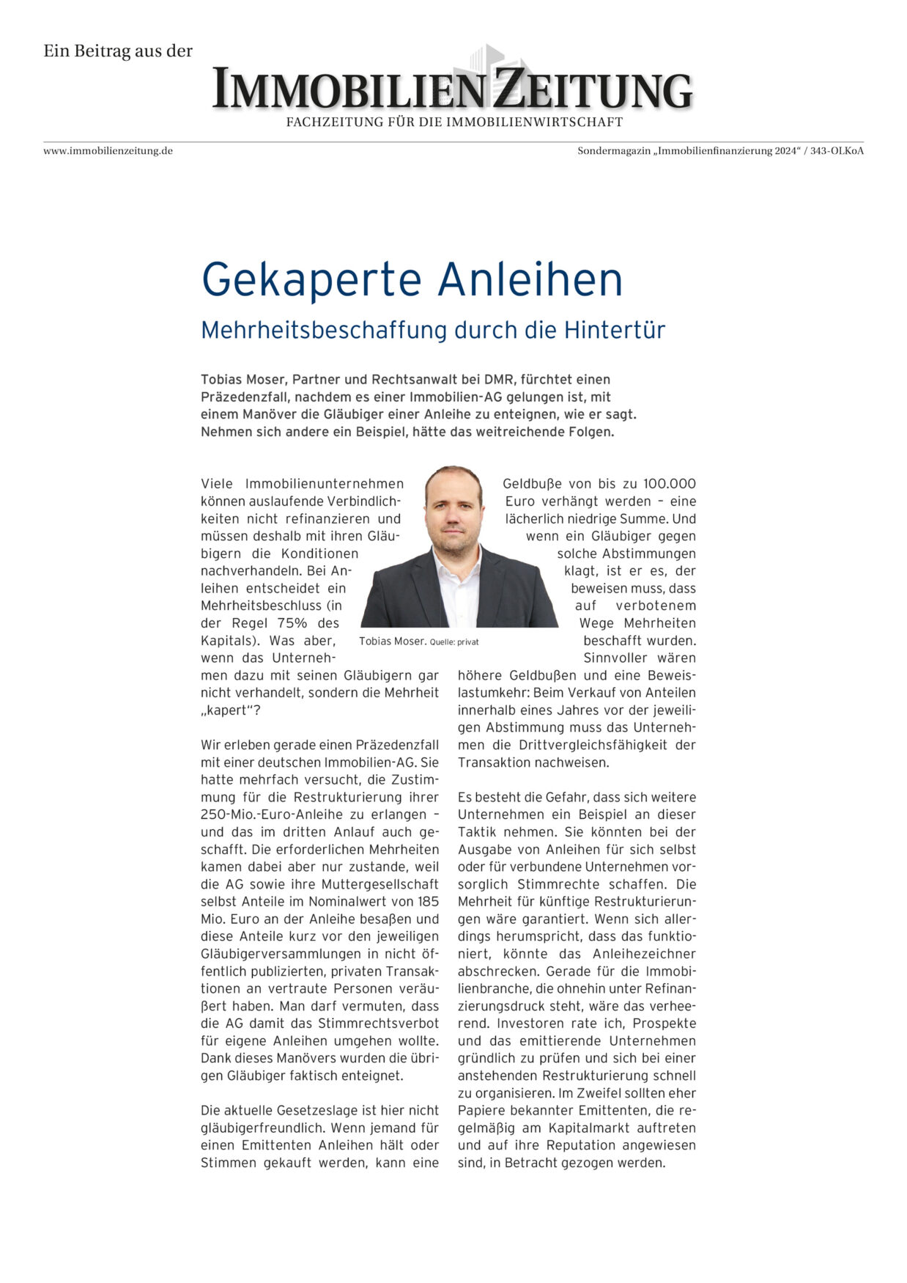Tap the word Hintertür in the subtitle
coord(614,331)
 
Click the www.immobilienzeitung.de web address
coord(108,151)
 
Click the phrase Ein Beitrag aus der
coord(118,51)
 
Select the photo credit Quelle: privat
coord(454,642)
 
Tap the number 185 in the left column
coord(427,902)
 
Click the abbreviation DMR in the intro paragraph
coord(499,380)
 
